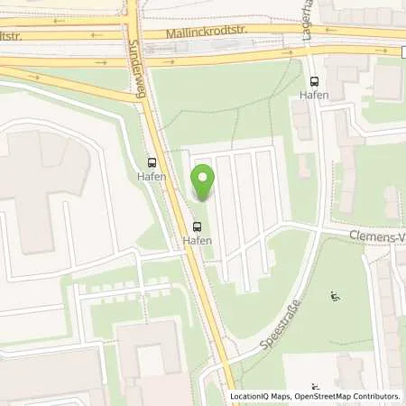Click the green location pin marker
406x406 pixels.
coord(203,180)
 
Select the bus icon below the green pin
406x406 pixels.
coord(198,226)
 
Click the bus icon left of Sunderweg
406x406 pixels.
coord(152,162)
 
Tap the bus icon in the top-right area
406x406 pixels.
coord(313,80)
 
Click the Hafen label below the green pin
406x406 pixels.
coord(198,241)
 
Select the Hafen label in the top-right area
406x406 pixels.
coord(313,96)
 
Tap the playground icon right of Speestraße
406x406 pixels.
coord(336,295)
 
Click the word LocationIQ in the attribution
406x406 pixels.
coord(251,396)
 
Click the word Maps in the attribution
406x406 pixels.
coord(282,396)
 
